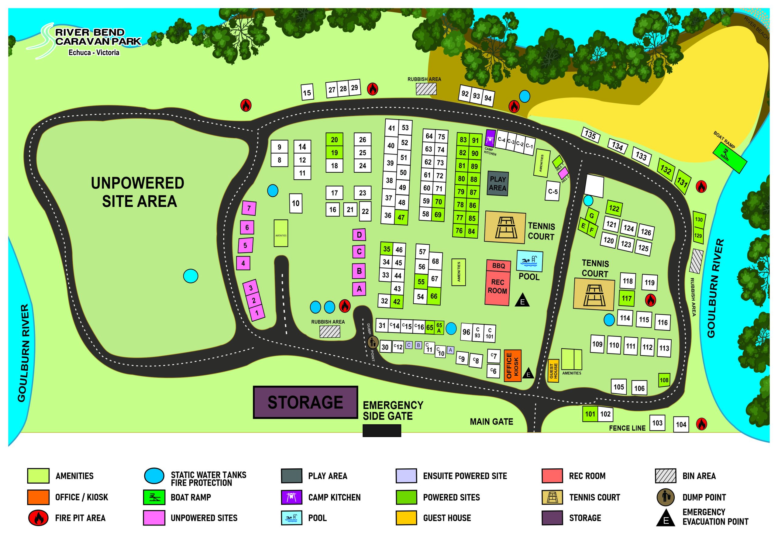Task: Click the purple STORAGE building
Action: coord(305,402)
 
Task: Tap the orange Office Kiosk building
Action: coord(512,365)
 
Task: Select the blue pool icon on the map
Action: coord(529,261)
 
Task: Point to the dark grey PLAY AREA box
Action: coord(497,184)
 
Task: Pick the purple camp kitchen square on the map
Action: coord(490,138)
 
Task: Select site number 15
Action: coord(307,92)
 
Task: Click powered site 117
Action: coord(626,298)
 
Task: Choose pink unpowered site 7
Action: coord(249,208)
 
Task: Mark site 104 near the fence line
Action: coord(681,424)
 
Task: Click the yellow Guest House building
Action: coord(553,371)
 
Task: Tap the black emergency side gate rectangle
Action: coord(382,431)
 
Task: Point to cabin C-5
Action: coord(553,192)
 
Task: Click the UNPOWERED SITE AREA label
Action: coord(138,192)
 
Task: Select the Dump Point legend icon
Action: coord(665,497)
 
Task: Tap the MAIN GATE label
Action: coord(491,422)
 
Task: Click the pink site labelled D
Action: coord(359,235)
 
